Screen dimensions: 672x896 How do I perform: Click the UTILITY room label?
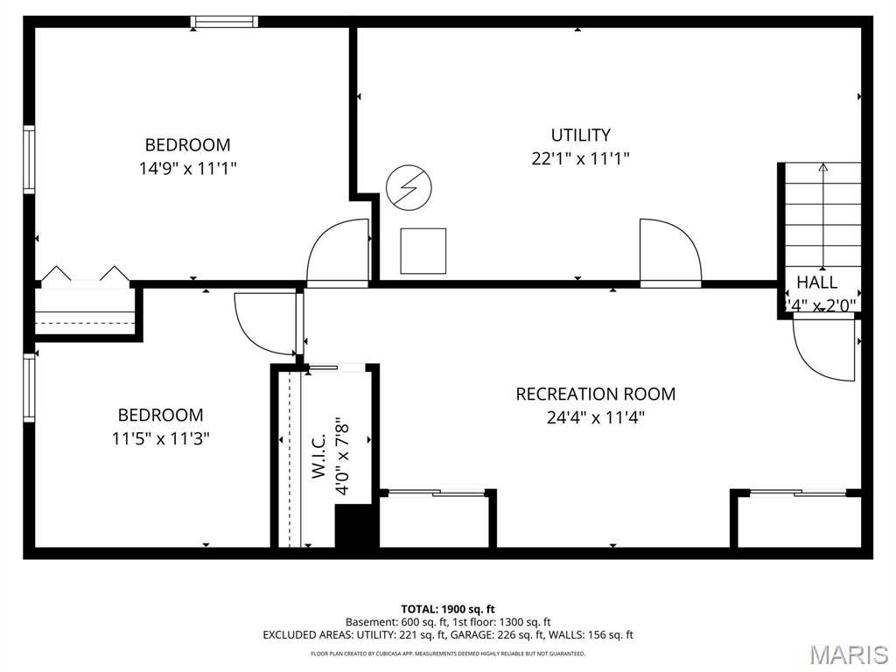(580, 135)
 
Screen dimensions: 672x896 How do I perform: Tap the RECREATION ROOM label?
(595, 395)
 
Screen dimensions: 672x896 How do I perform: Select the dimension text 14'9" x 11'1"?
(187, 167)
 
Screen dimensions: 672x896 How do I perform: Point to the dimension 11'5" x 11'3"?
(160, 437)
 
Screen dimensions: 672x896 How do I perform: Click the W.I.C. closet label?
(318, 456)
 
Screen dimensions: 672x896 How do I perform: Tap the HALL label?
(816, 283)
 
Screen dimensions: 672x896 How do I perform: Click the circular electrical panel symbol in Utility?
(409, 188)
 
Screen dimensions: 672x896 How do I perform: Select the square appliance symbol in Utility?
(423, 251)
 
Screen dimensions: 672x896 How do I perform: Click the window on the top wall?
(225, 22)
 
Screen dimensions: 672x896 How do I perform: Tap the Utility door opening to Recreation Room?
(669, 252)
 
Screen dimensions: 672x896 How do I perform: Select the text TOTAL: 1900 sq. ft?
(448, 609)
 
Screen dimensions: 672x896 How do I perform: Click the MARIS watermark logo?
(849, 654)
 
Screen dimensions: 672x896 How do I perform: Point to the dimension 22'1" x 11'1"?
(580, 158)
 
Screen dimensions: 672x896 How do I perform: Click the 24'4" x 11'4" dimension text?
(595, 417)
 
